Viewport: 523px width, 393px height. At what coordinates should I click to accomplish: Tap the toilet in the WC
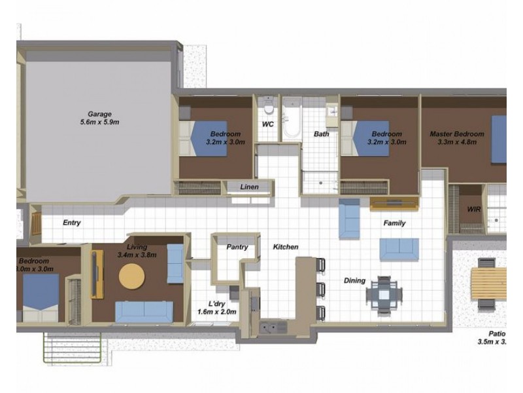tap(267, 109)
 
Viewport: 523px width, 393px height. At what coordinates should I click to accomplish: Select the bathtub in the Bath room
tap(292, 119)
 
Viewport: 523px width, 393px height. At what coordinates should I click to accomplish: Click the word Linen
tap(249, 187)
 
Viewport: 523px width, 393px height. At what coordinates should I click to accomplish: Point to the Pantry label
tap(236, 248)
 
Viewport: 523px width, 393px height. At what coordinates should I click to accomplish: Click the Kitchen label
tap(286, 247)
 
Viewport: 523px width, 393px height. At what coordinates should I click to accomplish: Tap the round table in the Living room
tap(131, 276)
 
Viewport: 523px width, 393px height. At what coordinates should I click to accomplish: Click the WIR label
tap(475, 210)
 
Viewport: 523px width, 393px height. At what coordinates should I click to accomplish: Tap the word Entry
tap(72, 223)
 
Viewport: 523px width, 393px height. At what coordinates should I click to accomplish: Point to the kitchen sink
tap(273, 326)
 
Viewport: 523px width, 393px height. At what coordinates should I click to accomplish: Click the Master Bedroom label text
tap(457, 134)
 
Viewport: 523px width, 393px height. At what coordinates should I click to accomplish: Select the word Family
tap(394, 223)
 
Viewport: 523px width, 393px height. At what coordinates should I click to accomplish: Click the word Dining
tap(354, 281)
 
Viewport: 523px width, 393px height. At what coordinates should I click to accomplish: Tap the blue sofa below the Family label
tap(399, 248)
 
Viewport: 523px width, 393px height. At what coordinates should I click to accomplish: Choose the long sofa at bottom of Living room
tap(143, 311)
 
